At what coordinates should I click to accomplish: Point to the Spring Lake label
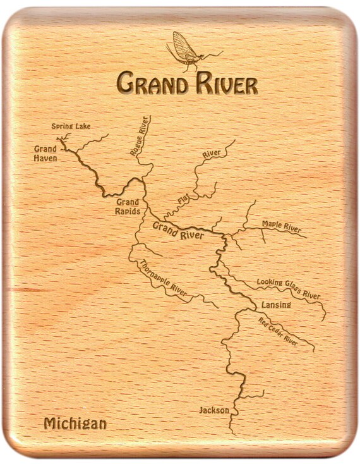pos(71,126)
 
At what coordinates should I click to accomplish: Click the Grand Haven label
pos(45,154)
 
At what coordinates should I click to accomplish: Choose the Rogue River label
pos(140,135)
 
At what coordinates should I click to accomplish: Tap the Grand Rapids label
pos(128,207)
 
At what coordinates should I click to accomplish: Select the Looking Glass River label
pos(288,288)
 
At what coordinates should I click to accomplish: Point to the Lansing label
pos(276,305)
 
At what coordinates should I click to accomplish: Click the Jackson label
pos(214,410)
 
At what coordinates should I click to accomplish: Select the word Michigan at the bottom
pos(75,424)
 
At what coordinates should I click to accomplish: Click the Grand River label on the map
pos(178,231)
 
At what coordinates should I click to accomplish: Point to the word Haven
pos(45,158)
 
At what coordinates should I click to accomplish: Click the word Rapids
pos(128,211)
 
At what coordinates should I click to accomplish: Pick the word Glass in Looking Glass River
pos(289,288)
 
